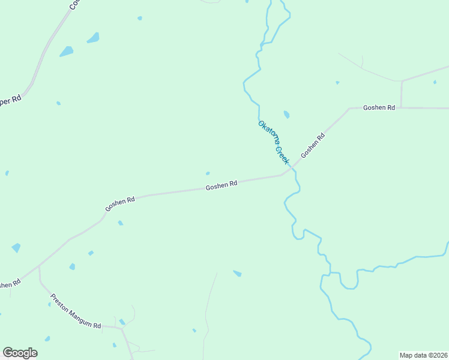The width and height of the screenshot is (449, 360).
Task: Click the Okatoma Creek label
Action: point(274,143)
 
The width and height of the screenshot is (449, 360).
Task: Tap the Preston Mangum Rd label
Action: point(76,311)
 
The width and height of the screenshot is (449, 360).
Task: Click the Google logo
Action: point(20,353)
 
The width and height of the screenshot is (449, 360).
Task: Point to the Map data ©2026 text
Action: point(423,355)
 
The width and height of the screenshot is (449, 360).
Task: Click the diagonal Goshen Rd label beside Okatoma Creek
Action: point(313,145)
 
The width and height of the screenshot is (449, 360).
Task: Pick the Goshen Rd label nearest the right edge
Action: point(379,107)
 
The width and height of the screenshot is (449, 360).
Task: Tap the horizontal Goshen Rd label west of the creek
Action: point(221,185)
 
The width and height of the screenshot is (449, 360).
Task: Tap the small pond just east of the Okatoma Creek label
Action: point(286,114)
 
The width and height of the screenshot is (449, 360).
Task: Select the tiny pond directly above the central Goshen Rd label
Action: point(208,173)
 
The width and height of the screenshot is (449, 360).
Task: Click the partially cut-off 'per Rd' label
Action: point(10,100)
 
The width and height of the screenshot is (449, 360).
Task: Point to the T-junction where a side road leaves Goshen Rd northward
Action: point(401,108)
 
